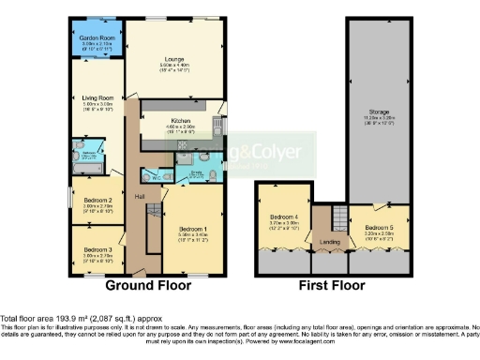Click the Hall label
139,195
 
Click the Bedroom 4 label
284,217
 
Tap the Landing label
331,244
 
